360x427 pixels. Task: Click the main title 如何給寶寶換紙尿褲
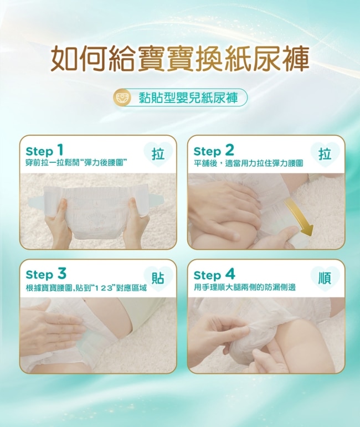pyautogui.click(x=180, y=58)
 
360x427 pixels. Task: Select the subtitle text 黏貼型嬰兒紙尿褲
pyautogui.click(x=188, y=97)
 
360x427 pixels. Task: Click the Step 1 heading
pyautogui.click(x=45, y=150)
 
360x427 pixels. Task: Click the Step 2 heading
pyautogui.click(x=214, y=151)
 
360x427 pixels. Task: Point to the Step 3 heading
pyautogui.click(x=46, y=274)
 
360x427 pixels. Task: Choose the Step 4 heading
pyautogui.click(x=214, y=275)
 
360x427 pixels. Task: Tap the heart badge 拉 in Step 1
pyautogui.click(x=158, y=155)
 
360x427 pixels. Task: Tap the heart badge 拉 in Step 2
pyautogui.click(x=325, y=155)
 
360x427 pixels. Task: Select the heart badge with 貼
pyautogui.click(x=158, y=279)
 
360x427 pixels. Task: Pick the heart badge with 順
pyautogui.click(x=325, y=279)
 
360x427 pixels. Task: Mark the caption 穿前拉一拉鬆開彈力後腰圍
pyautogui.click(x=76, y=163)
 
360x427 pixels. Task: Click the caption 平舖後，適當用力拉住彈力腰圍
pyautogui.click(x=248, y=163)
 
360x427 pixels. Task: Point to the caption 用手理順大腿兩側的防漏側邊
pyautogui.click(x=245, y=287)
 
